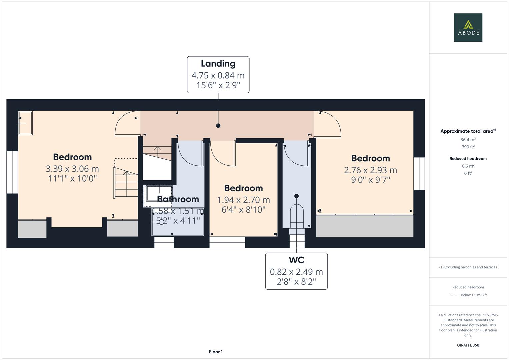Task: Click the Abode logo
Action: (468, 28)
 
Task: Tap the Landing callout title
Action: (218, 64)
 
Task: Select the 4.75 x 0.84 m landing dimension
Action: (218, 75)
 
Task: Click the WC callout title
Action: (296, 260)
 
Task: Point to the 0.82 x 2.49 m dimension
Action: (296, 272)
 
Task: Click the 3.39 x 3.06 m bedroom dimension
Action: (72, 169)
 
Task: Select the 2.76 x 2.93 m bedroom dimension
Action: (370, 170)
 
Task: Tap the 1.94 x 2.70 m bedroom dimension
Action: (243, 200)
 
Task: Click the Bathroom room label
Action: (178, 199)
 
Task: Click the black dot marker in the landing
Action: (218, 126)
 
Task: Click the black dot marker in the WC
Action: (296, 196)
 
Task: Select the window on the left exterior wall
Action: (12, 172)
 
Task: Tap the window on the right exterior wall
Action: (419, 173)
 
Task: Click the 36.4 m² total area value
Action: (468, 140)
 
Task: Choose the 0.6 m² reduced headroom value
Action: (468, 166)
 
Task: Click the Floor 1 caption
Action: (216, 352)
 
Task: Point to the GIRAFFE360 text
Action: (468, 345)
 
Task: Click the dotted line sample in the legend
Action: (454, 295)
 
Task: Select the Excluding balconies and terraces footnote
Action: (468, 267)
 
